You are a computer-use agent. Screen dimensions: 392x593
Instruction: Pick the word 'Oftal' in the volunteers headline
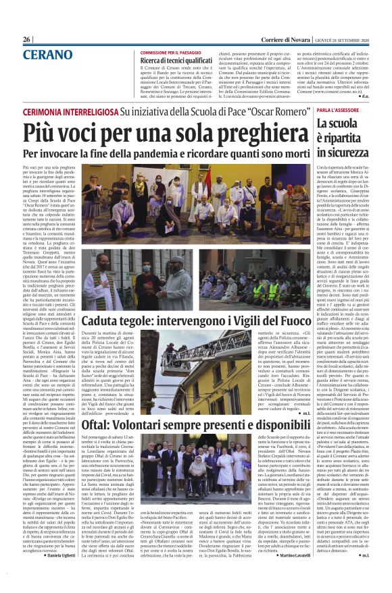98,407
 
